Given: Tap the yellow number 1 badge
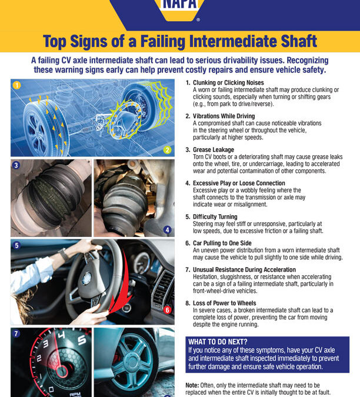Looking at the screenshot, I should click(16, 86).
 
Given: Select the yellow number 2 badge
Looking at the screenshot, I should click(168, 150).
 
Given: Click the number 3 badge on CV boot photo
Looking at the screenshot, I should click(16, 166).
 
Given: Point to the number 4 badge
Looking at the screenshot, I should click(168, 229).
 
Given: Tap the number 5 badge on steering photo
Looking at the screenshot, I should click(16, 245).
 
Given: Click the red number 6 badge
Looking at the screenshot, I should click(168, 309).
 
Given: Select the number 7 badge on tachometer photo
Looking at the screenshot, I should click(16, 333).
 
